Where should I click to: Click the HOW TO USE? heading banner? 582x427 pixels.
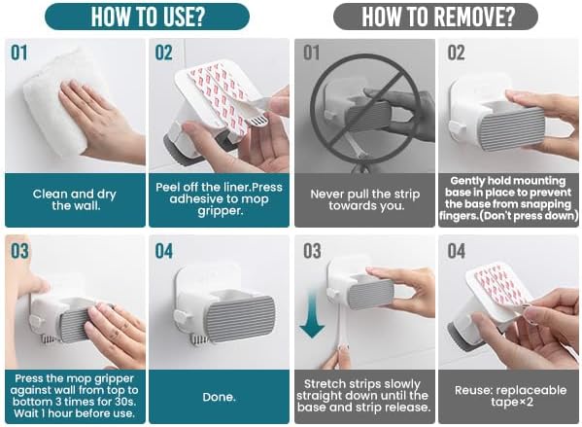[x=147, y=17]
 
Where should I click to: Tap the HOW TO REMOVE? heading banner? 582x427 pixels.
[x=435, y=17]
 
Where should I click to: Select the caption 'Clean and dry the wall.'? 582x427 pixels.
[x=74, y=199]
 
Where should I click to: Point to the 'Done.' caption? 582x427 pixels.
[x=219, y=397]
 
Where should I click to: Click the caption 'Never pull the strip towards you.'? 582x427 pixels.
[x=365, y=199]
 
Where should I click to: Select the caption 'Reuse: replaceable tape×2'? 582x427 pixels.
[x=510, y=396]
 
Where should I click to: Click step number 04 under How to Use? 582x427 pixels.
[x=163, y=251]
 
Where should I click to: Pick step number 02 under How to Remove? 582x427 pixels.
[x=456, y=53]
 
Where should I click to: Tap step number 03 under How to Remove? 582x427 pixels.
[x=312, y=251]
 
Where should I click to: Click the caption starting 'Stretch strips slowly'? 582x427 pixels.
[x=363, y=396]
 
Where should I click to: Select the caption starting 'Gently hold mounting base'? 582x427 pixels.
[x=508, y=198]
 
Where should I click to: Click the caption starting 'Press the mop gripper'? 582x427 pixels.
[x=74, y=396]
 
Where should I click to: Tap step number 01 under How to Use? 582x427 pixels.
[x=18, y=53]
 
